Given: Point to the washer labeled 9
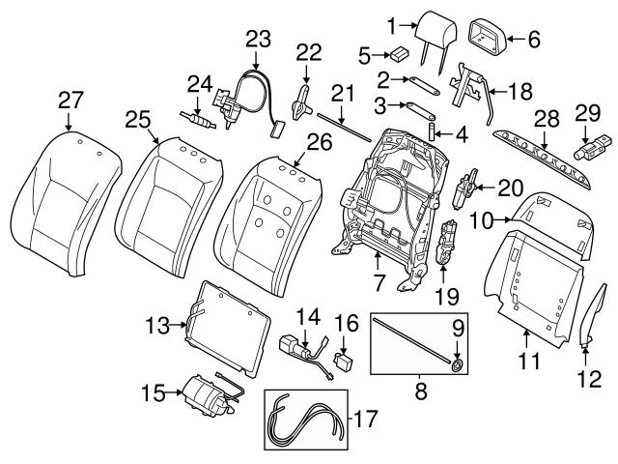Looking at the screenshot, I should pos(457,364).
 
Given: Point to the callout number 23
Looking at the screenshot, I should pos(258,39).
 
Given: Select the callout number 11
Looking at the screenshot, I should pos(525,363).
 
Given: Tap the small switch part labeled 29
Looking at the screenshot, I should pos(589,151).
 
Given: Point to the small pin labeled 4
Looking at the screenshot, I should pos(432,130).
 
